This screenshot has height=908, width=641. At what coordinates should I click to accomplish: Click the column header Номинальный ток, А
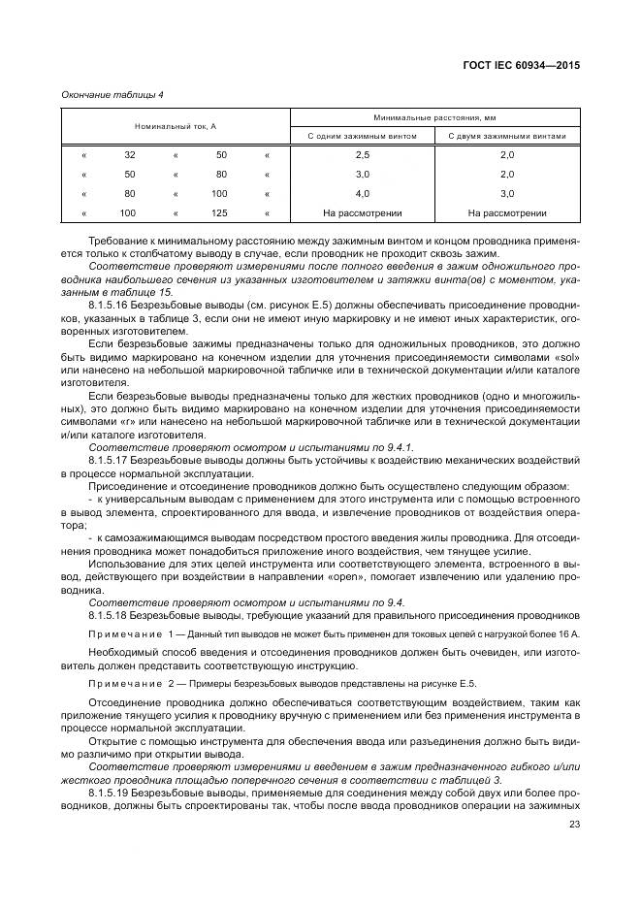click(175, 127)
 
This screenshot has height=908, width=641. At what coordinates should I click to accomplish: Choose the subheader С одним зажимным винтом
click(362, 137)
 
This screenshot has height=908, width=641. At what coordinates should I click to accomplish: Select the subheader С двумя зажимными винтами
click(507, 137)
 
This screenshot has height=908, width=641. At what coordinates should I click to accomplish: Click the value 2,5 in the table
click(362, 155)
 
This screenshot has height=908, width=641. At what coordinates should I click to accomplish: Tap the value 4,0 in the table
click(362, 194)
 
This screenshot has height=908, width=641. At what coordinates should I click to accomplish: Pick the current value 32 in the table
click(129, 155)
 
